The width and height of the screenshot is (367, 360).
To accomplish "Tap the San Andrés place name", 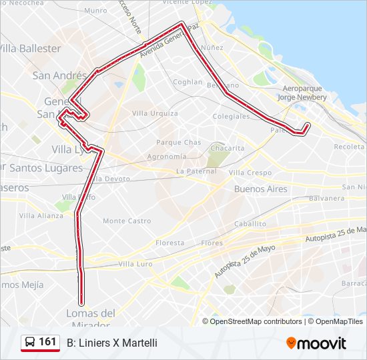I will (x=59, y=76).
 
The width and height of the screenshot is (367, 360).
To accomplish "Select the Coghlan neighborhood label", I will (x=187, y=82).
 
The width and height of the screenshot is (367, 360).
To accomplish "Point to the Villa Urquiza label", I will (x=155, y=113).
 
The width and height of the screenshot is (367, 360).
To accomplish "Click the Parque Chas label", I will (x=178, y=143).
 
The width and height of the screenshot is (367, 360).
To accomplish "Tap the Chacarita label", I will (x=227, y=148).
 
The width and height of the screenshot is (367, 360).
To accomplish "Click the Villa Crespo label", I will (x=250, y=173).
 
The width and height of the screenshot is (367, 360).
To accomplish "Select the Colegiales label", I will (x=231, y=116).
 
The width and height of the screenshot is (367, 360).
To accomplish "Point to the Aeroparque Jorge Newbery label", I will (x=302, y=93).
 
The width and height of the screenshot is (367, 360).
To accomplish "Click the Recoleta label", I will (x=349, y=146).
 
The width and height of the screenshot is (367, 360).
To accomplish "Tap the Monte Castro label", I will (x=127, y=221).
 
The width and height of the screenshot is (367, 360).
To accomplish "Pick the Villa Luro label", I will (x=135, y=264).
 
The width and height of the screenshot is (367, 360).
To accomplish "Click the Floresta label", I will (x=169, y=243).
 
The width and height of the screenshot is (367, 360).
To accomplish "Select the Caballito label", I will (x=250, y=224).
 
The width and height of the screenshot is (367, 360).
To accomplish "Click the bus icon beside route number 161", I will (x=30, y=343).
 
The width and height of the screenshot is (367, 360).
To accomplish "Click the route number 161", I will (x=47, y=342).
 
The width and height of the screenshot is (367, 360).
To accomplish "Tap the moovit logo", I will (x=316, y=343).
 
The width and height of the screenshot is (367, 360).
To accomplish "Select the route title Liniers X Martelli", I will (x=112, y=343).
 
